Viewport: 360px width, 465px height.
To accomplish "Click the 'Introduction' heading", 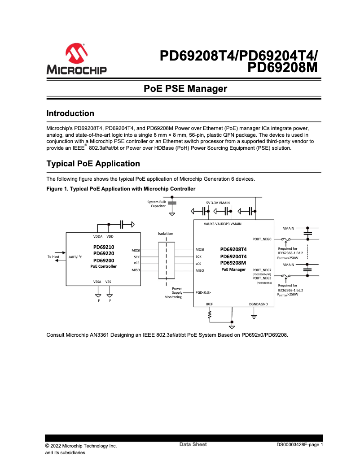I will coord(70,113).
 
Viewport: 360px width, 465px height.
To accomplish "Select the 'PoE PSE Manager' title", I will coord(185,89).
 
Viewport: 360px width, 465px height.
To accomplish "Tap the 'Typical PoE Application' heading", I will coord(93,164).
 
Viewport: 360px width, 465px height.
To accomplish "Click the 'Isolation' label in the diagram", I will coord(166,234).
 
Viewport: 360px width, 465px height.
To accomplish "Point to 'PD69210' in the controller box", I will coord(104,247).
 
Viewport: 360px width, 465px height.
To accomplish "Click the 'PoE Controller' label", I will coord(104,266).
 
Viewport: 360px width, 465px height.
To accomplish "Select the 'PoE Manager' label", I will coord(233,269).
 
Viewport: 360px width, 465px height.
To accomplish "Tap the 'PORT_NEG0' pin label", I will coord(262,239).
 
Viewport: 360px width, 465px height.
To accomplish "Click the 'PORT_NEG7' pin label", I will coord(262,270).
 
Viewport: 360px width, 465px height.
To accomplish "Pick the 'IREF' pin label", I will coord(209,304).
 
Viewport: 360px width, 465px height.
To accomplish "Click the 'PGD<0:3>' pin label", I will coord(203,292).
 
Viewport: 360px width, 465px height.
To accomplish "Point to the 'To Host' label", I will coord(53,256).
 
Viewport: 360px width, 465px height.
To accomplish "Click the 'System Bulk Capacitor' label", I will coord(157,204).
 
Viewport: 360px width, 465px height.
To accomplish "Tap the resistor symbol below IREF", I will coord(209,316).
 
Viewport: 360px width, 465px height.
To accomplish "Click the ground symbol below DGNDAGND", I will coord(254,317).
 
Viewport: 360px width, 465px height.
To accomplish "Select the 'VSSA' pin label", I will coord(97,281).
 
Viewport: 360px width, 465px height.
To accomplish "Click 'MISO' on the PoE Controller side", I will coord(136,270).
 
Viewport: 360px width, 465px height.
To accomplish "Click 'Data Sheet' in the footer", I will coord(193,444).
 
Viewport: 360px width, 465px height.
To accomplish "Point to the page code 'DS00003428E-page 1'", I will coord(299,445).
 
